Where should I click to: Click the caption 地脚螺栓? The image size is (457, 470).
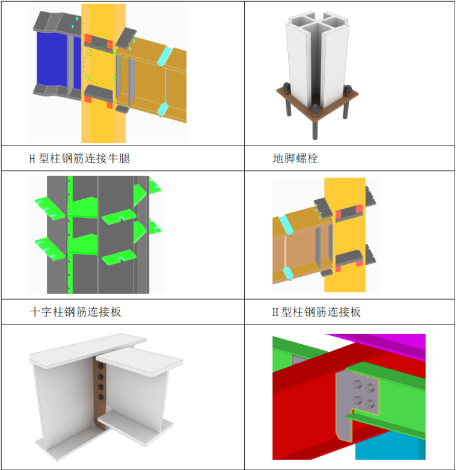click(x=295, y=158)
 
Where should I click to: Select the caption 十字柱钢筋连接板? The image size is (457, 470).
click(x=76, y=312)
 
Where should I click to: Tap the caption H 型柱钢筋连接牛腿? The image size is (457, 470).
click(x=79, y=158)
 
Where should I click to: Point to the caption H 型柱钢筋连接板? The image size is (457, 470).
click(x=316, y=312)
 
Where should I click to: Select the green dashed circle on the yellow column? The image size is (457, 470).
click(x=102, y=65)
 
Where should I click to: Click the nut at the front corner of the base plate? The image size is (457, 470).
click(x=314, y=110)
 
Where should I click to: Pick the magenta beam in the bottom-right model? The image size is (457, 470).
click(x=386, y=345)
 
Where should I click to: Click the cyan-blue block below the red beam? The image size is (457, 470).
click(x=389, y=447)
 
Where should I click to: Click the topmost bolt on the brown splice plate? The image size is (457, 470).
click(x=100, y=366)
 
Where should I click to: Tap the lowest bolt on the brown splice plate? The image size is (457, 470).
click(x=101, y=397)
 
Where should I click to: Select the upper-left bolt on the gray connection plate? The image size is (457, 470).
click(x=357, y=384)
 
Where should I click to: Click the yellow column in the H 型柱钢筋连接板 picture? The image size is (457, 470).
click(x=345, y=235)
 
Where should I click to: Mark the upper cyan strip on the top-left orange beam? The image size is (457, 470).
click(x=165, y=56)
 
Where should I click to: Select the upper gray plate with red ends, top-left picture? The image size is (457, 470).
click(x=99, y=42)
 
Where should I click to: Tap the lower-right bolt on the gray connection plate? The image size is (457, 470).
click(x=370, y=404)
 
